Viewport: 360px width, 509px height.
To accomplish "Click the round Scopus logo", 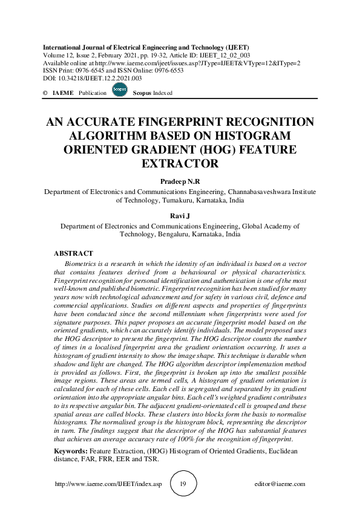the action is click(x=120, y=90).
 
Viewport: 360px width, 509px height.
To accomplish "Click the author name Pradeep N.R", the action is click(x=180, y=181).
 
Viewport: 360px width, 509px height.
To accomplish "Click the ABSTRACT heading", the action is click(x=73, y=253).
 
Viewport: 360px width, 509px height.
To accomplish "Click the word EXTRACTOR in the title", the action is click(x=180, y=163).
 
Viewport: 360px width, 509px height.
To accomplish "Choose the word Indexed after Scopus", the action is click(x=162, y=93).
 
